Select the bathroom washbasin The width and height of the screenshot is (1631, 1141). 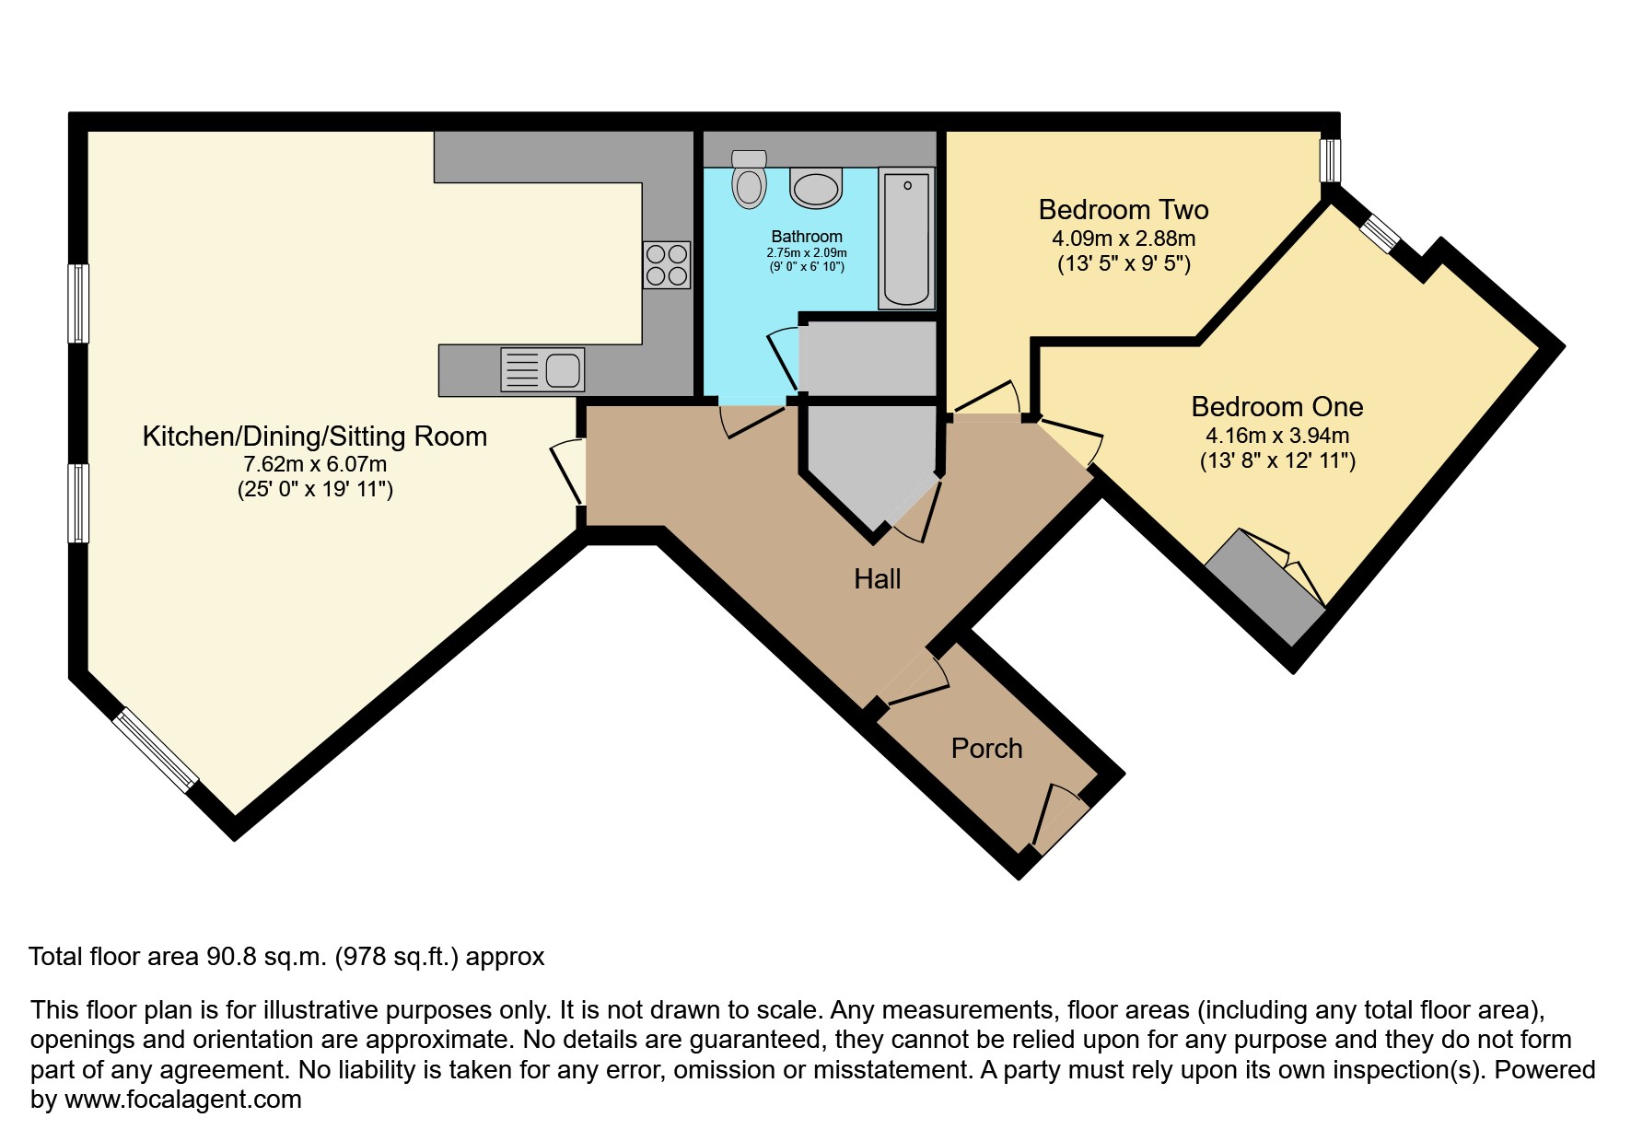(x=816, y=190)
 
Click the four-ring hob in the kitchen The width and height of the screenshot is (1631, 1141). (x=666, y=263)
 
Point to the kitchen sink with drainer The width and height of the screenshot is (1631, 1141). (x=542, y=370)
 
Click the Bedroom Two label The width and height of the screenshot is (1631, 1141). (x=1123, y=210)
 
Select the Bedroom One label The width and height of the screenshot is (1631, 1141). (x=1276, y=407)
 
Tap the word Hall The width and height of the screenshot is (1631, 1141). (x=877, y=579)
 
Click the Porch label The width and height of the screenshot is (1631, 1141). (x=986, y=749)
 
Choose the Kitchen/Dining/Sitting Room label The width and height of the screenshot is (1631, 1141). (x=314, y=437)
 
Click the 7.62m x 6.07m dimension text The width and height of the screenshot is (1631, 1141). (x=314, y=465)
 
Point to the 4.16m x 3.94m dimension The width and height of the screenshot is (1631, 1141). (x=1276, y=436)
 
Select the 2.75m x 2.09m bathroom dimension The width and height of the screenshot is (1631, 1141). (x=807, y=252)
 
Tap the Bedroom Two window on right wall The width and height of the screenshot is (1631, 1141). (x=1329, y=160)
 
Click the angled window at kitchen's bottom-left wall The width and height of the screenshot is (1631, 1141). (x=155, y=750)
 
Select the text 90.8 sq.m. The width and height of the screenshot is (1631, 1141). (x=263, y=957)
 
